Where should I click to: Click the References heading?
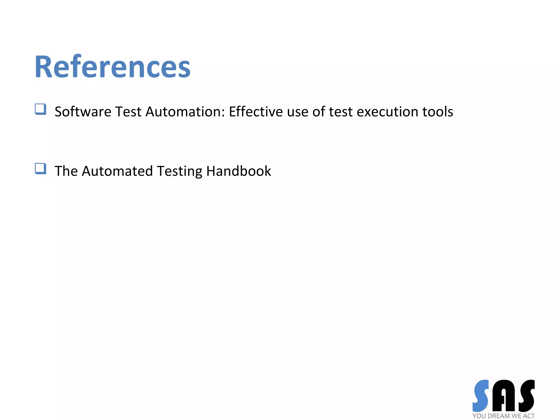[x=112, y=67]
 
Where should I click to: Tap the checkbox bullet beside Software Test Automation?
[x=40, y=109]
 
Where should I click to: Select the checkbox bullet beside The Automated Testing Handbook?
[x=40, y=168]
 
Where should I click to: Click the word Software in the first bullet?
[x=83, y=112]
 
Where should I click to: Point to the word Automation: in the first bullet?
[x=185, y=112]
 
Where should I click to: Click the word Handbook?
[x=238, y=171]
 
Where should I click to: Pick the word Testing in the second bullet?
[x=179, y=171]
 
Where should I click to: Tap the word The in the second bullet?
[x=66, y=171]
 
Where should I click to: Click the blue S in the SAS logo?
[x=481, y=396]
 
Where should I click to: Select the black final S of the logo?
[x=526, y=396]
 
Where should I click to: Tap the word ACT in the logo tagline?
[x=529, y=416]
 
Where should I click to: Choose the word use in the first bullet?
[x=297, y=112]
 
